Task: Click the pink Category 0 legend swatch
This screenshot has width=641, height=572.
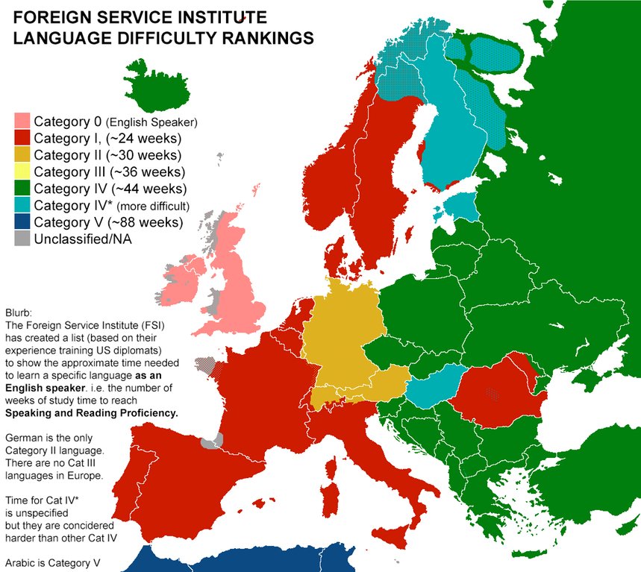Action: [22, 122]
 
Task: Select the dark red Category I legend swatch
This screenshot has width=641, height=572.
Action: [22, 139]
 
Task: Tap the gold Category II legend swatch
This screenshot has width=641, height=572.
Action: [22, 155]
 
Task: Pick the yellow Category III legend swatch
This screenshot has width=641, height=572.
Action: [22, 172]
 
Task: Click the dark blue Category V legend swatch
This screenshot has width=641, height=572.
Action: [22, 222]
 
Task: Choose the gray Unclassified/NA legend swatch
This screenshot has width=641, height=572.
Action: [22, 239]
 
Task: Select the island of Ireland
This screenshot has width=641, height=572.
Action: [184, 279]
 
